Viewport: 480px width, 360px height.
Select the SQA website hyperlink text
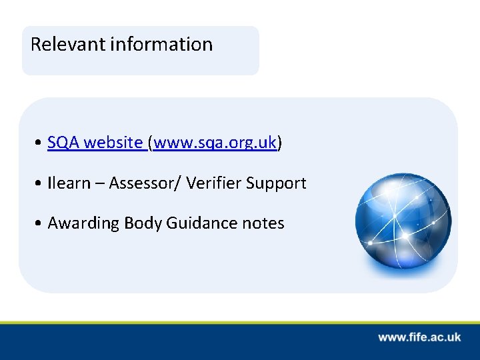(95, 143)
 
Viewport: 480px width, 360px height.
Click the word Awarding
(83, 223)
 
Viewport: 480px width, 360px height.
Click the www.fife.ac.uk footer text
(419, 337)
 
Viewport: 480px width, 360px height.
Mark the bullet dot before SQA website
(41, 143)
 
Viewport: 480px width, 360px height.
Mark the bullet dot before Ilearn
(41, 184)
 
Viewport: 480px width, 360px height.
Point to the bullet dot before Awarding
(41, 224)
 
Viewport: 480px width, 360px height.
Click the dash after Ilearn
(99, 184)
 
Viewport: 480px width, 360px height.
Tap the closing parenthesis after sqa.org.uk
(279, 143)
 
